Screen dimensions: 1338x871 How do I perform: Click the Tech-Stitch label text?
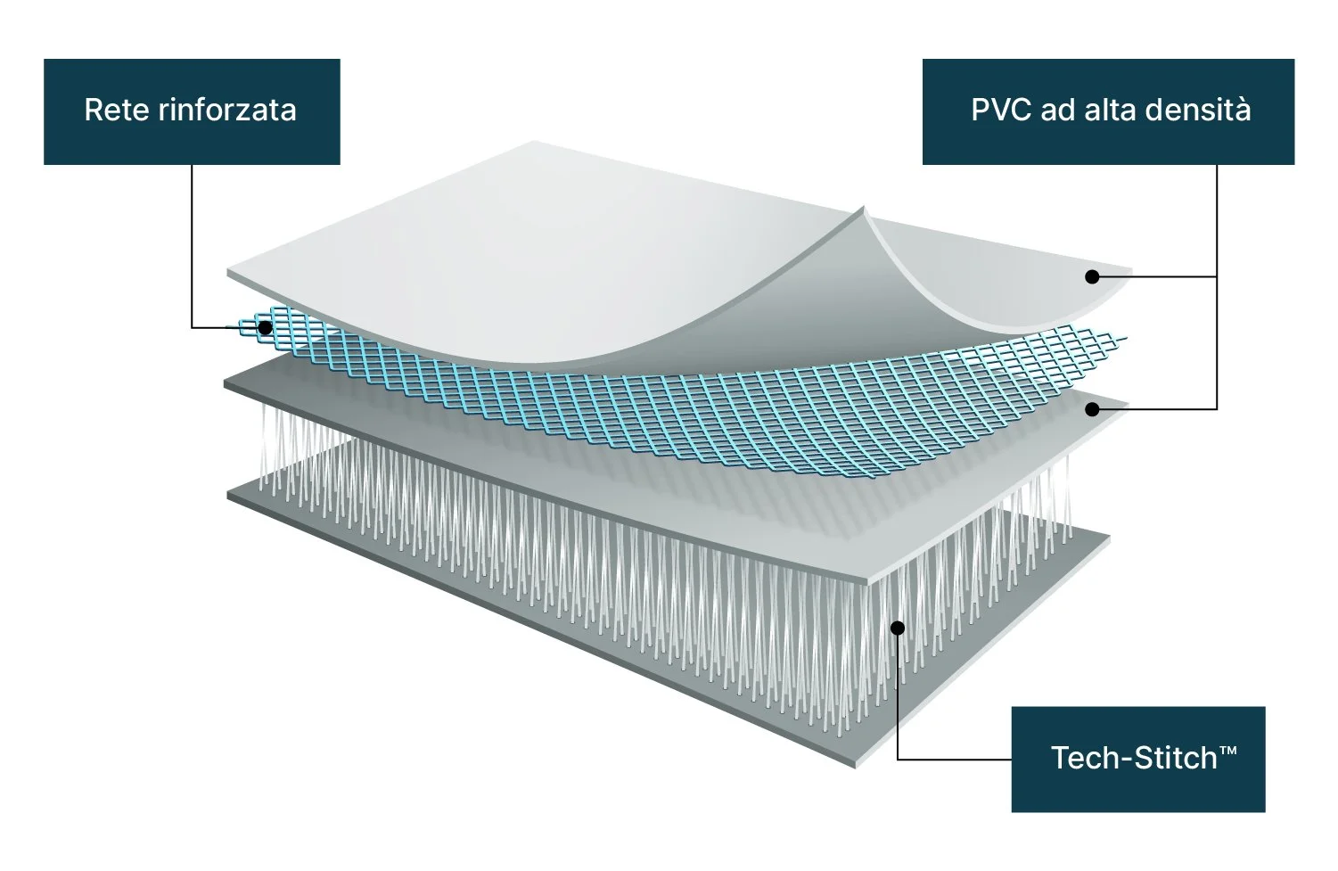(1133, 759)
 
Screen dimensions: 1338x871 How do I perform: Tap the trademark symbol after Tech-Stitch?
(1228, 752)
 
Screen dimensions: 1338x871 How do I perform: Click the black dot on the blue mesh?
(265, 327)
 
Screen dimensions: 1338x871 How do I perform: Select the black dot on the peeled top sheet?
(1091, 276)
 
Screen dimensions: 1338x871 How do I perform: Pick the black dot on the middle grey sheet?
(1091, 408)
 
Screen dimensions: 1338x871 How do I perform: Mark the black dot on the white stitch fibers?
(898, 628)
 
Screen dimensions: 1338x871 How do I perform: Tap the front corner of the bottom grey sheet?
(858, 765)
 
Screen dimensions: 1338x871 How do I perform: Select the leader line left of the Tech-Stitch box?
(954, 759)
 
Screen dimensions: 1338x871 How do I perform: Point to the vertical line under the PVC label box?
(1217, 223)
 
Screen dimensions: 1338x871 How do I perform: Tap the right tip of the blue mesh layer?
(1125, 339)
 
